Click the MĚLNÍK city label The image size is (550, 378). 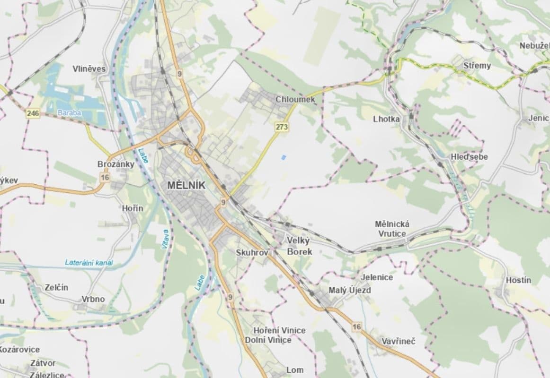coord(186,186)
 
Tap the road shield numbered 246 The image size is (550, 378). coord(33,113)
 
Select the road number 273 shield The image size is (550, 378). coord(282,127)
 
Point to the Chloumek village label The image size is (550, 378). coord(295,100)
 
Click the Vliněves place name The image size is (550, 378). coord(89,69)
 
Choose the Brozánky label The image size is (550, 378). coord(115,164)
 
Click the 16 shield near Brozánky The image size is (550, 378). coord(105,177)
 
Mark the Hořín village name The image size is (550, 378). coord(132,208)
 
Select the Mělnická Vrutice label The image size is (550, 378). coord(392,229)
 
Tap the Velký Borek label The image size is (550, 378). coord(300,246)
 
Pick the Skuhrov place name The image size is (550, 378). coord(252,253)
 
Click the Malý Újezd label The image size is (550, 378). coord(349,290)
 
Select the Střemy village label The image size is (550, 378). coord(477,66)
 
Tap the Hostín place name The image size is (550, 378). coord(518,280)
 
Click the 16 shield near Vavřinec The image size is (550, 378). coord(356,326)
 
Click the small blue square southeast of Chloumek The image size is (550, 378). coord(283,157)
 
